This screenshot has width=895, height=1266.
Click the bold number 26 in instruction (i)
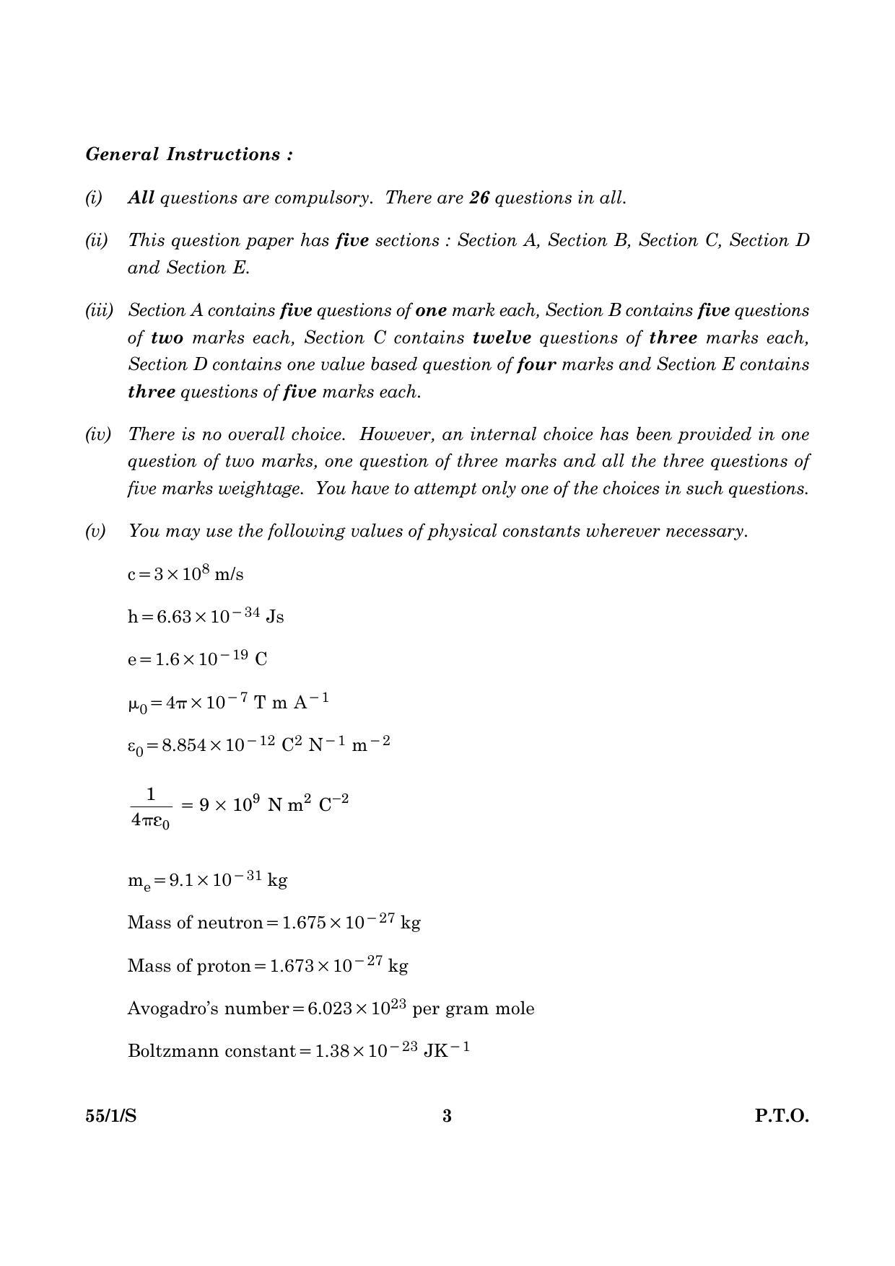pyautogui.click(x=479, y=198)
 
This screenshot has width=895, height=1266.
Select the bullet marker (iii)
pyautogui.click(x=100, y=311)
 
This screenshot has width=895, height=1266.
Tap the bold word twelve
pyautogui.click(x=502, y=338)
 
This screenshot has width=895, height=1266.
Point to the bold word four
pyautogui.click(x=536, y=365)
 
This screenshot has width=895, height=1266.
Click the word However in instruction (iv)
pyautogui.click(x=394, y=434)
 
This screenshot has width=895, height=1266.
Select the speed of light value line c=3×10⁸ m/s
pyautogui.click(x=185, y=573)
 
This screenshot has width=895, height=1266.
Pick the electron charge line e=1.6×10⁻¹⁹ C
pyautogui.click(x=197, y=659)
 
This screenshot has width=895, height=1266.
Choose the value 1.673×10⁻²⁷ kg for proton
pyautogui.click(x=339, y=965)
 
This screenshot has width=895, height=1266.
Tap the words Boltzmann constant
pyautogui.click(x=211, y=1050)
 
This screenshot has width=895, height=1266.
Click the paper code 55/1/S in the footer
pyautogui.click(x=111, y=1116)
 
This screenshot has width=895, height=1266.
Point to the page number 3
pyautogui.click(x=447, y=1116)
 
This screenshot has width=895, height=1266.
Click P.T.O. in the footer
pyautogui.click(x=782, y=1116)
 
